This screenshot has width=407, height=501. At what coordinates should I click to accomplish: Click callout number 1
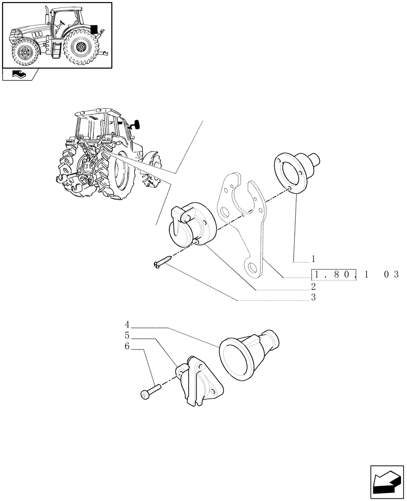[x=313, y=260]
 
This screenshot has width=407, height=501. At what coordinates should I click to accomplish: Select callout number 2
[x=313, y=287]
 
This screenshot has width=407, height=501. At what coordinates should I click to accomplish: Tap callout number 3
[x=313, y=298]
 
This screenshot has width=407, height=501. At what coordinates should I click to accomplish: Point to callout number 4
[x=127, y=324]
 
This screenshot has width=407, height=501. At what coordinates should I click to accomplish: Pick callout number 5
[x=127, y=335]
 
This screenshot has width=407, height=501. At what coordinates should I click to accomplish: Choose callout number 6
[x=127, y=346]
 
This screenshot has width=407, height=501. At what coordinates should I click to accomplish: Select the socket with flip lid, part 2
[x=192, y=226]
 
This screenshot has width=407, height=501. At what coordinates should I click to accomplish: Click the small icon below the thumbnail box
[x=21, y=75]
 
